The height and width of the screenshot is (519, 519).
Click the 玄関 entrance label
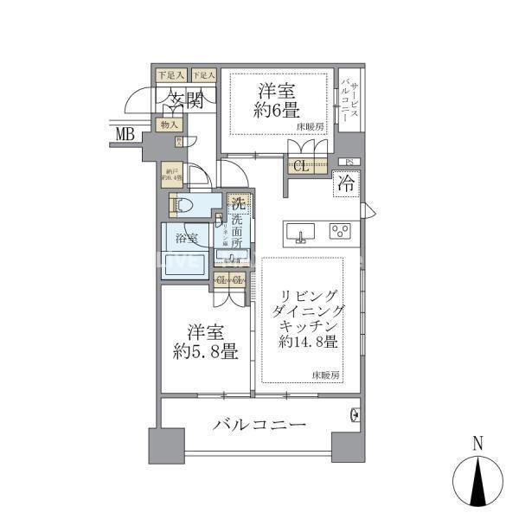pyautogui.click(x=183, y=101)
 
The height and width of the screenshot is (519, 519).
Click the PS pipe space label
pyautogui.click(x=349, y=162)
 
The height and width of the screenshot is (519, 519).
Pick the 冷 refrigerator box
pyautogui.click(x=345, y=183)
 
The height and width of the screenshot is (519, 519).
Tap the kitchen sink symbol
pyautogui.click(x=303, y=232)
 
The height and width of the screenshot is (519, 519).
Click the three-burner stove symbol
pyautogui.click(x=339, y=231)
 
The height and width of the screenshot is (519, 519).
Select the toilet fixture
pyautogui.click(x=178, y=206)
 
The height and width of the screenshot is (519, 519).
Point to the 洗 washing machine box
pyautogui.click(x=237, y=206)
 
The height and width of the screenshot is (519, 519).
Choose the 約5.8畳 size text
pyautogui.click(x=204, y=352)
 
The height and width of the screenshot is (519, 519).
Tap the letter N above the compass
pyautogui.click(x=478, y=444)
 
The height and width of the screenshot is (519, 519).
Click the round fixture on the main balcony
pyautogui.click(x=354, y=416)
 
